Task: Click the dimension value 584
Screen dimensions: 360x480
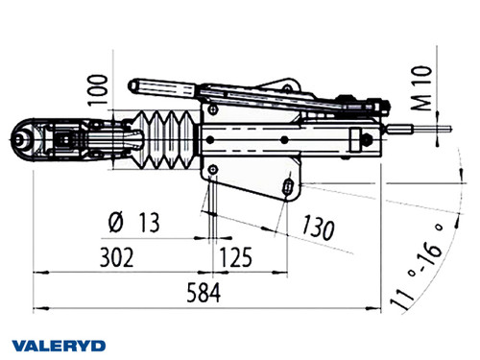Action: (x=203, y=290)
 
